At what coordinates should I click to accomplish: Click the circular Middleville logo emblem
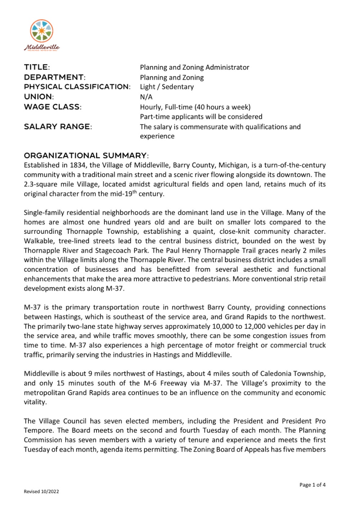tap(42, 31)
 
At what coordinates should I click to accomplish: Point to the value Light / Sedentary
tap(167, 87)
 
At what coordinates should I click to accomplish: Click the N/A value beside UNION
tap(146, 97)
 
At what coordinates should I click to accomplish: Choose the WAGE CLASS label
tap(53, 107)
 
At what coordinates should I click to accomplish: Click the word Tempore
tap(39, 430)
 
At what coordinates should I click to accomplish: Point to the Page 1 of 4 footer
tap(312, 485)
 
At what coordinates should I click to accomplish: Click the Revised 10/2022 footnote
tap(41, 492)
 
